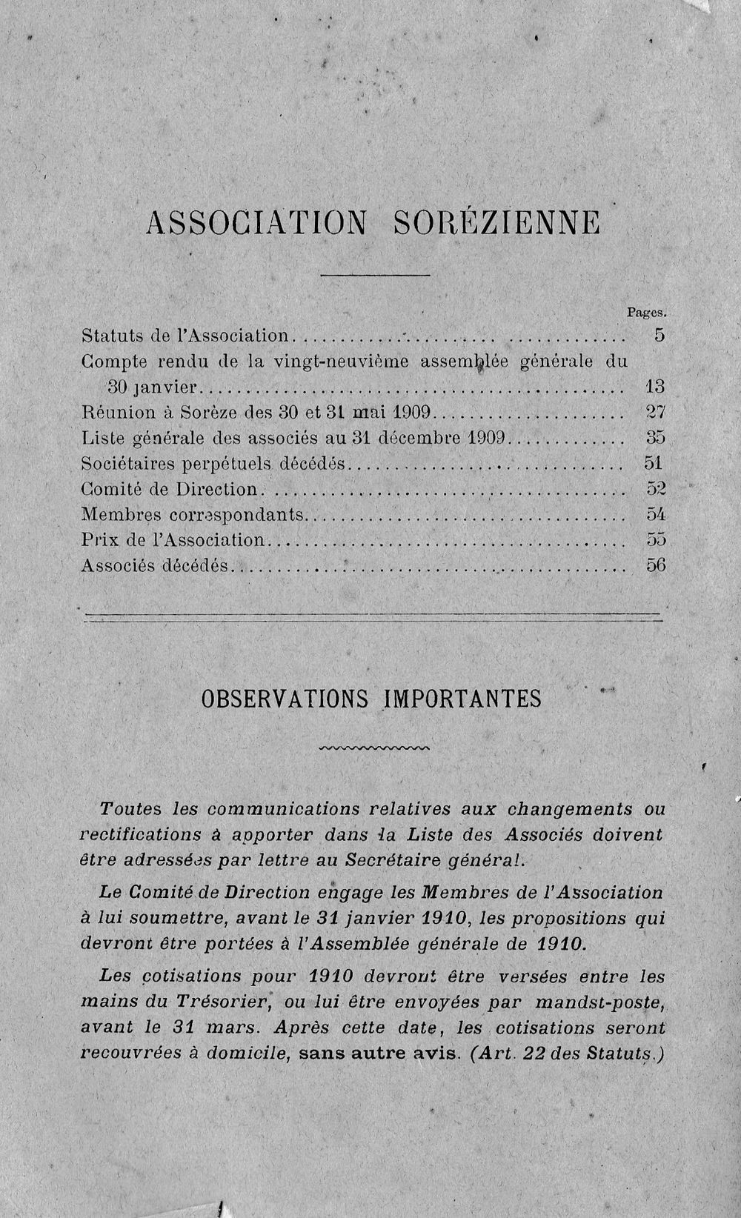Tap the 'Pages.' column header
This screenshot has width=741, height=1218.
648,313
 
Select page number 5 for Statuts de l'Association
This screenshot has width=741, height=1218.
659,335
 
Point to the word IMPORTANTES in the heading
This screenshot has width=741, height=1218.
462,699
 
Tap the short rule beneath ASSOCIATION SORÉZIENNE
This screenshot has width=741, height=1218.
375,276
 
